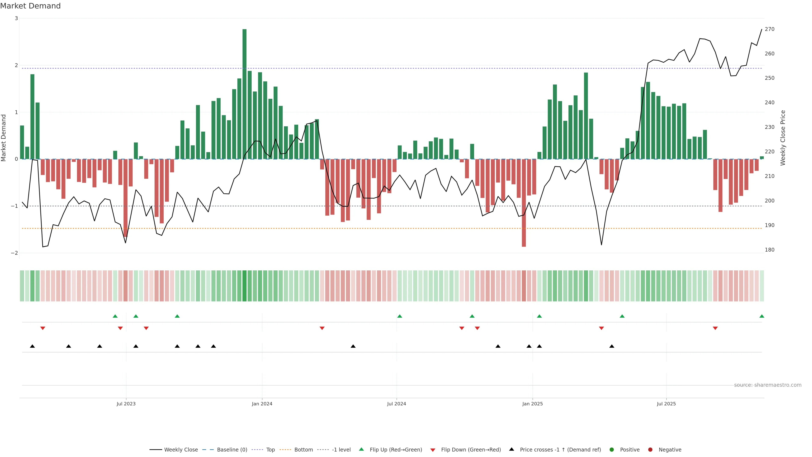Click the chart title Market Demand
[30, 6]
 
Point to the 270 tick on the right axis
[769, 29]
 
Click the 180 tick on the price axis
[769, 250]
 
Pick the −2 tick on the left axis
[14, 253]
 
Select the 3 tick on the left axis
[16, 18]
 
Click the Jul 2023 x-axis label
[126, 404]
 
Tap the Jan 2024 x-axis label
[262, 404]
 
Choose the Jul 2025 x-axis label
[666, 404]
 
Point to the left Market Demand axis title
[4, 138]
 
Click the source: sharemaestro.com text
[768, 385]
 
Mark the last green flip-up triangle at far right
[761, 316]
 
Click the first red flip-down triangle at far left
[43, 328]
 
